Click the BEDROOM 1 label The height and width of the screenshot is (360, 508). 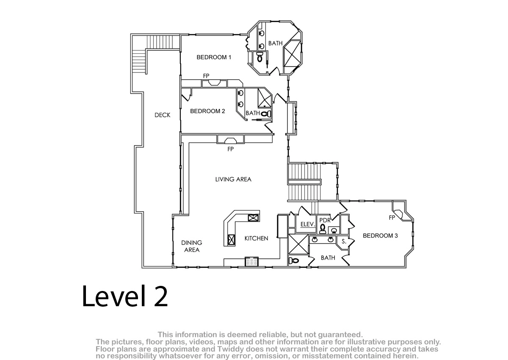tap(214, 57)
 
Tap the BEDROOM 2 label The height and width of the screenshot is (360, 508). tap(207, 111)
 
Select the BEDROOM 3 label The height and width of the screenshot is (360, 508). tap(380, 235)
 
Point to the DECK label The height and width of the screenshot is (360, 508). tap(162, 115)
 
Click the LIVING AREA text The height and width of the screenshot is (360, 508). tap(233, 179)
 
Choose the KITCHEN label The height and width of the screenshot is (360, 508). tap(256, 238)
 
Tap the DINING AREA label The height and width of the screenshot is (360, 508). tap(192, 246)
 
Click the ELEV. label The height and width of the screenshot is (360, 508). tap(307, 224)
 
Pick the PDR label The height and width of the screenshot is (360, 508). tap(325, 220)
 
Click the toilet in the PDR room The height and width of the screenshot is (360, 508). tap(322, 229)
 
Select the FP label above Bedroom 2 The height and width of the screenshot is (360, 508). tap(206, 76)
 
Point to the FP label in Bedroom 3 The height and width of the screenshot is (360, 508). tap(392, 218)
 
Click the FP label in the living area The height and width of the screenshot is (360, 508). tap(230, 149)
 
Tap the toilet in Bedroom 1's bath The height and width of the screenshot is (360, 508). tap(260, 57)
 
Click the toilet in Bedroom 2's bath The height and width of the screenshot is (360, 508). tap(266, 114)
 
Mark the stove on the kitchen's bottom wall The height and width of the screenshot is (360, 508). tap(251, 262)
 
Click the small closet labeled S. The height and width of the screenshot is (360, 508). tap(344, 242)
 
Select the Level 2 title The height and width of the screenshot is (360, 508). tap(125, 296)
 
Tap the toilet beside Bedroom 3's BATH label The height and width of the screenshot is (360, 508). tap(294, 260)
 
